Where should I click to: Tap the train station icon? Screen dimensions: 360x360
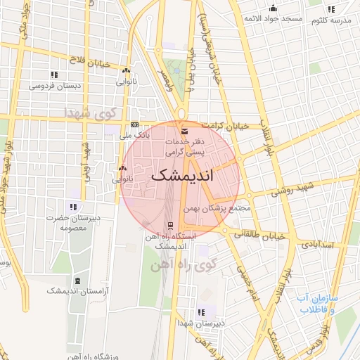169,226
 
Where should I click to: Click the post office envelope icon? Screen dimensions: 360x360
184,131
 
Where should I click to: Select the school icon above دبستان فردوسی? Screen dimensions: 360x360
53,75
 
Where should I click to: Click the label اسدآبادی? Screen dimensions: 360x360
321,245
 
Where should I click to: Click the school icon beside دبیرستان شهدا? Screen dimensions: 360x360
202,312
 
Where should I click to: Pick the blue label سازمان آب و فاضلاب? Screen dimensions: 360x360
319,303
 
